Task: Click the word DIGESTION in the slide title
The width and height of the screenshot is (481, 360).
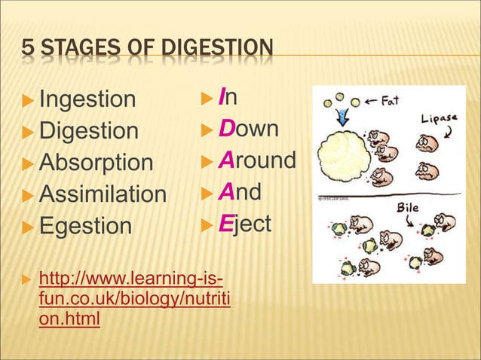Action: pyautogui.click(x=219, y=50)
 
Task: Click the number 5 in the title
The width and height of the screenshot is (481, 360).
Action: pyautogui.click(x=27, y=50)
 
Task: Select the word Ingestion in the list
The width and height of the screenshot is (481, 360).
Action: pyautogui.click(x=87, y=99)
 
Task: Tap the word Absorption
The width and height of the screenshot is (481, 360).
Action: pyautogui.click(x=96, y=163)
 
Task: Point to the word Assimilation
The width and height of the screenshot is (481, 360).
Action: pyautogui.click(x=103, y=194)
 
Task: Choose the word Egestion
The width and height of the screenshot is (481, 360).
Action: pyautogui.click(x=85, y=226)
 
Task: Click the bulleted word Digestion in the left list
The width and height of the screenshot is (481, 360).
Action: pyautogui.click(x=89, y=131)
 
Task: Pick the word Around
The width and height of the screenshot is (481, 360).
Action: pyautogui.click(x=257, y=160)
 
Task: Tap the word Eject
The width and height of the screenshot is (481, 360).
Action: pyautogui.click(x=244, y=224)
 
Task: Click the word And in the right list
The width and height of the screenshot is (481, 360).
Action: pyautogui.click(x=240, y=192)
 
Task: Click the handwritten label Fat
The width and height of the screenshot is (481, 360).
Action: pyautogui.click(x=388, y=100)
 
